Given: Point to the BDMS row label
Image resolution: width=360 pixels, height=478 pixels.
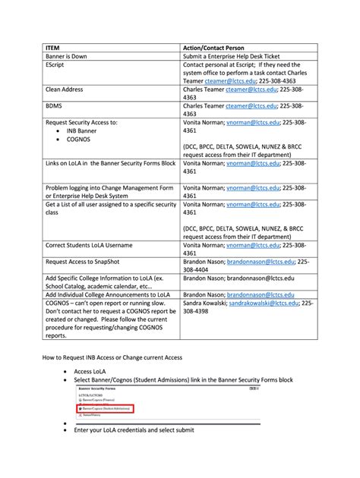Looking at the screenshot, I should tap(54, 107).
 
